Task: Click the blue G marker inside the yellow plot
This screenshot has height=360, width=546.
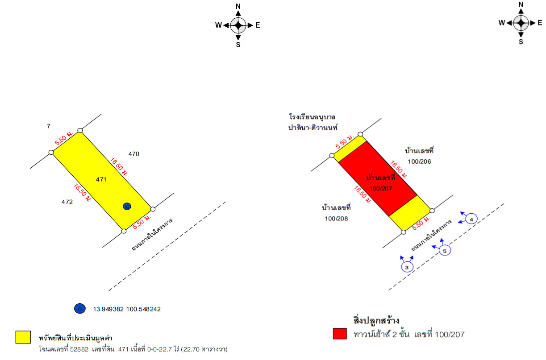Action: (x=127, y=207)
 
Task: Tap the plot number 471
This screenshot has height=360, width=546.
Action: (x=101, y=179)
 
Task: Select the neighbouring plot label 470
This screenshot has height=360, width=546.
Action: (x=134, y=154)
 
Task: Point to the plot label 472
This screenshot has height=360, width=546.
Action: (x=67, y=202)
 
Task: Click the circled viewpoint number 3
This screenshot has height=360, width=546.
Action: (x=407, y=267)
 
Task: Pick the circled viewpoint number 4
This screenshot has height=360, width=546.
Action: (x=471, y=219)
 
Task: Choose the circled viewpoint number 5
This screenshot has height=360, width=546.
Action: (x=445, y=251)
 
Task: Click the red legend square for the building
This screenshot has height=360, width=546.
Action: (x=340, y=334)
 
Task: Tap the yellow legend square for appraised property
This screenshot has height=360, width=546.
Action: (x=23, y=337)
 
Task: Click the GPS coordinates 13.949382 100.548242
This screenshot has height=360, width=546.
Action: (x=127, y=309)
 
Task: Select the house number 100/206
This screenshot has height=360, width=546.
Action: (x=420, y=161)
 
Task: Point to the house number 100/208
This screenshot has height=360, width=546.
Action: (x=336, y=219)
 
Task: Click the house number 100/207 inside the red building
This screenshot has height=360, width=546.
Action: (x=381, y=189)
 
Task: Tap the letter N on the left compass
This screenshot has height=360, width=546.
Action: (x=238, y=7)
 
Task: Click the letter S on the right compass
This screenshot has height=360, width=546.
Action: (x=521, y=41)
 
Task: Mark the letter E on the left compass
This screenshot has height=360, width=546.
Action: (x=258, y=25)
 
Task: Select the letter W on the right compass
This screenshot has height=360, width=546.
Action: (x=502, y=23)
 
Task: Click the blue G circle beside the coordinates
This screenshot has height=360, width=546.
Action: (x=80, y=309)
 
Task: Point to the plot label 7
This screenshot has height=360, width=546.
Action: (x=49, y=126)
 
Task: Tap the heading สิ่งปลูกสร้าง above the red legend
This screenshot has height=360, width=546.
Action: (x=376, y=320)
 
